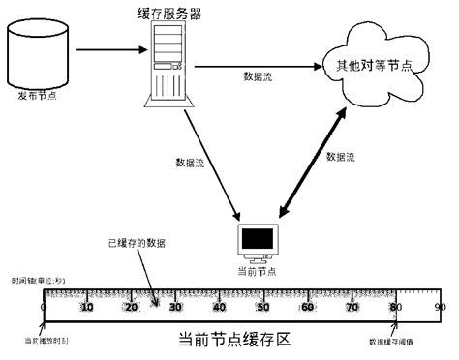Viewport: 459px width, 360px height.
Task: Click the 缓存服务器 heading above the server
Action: pyautogui.click(x=170, y=14)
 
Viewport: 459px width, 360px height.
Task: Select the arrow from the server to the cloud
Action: pyautogui.click(x=258, y=66)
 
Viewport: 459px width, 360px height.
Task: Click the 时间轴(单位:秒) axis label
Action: pyautogui.click(x=38, y=281)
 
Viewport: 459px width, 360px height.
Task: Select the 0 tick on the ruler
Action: pyautogui.click(x=44, y=307)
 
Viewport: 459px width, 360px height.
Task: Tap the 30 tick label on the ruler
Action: pyautogui.click(x=175, y=307)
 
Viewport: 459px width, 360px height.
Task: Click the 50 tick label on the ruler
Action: pyautogui.click(x=262, y=307)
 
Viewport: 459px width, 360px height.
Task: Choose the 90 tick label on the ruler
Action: pyautogui.click(x=439, y=307)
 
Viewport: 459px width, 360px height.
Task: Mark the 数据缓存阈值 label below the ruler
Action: pyautogui.click(x=393, y=342)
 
